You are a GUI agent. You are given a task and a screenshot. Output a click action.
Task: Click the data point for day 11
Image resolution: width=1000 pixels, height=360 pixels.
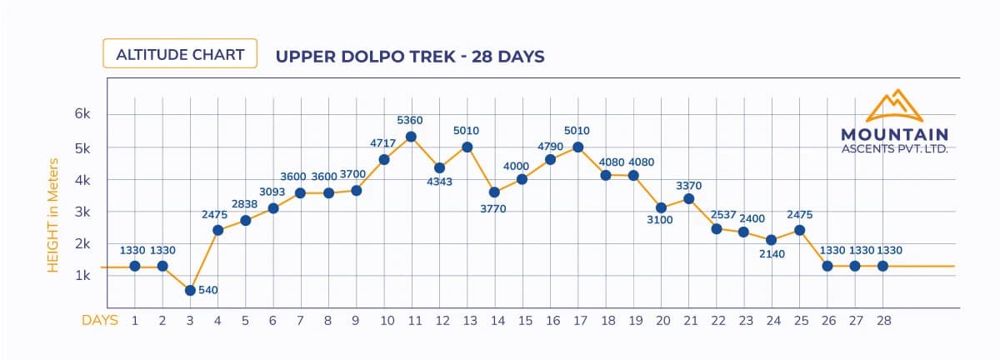pos(411,137)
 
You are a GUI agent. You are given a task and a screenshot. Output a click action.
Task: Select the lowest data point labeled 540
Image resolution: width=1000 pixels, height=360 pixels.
pos(190,290)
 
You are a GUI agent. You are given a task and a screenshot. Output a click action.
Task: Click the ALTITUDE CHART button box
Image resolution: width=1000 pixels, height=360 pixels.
pos(179,54)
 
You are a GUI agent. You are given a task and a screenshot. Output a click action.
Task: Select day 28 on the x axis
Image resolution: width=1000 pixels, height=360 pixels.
pos(882,320)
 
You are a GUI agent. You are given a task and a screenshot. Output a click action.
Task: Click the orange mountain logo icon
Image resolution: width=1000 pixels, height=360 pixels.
pos(895,107)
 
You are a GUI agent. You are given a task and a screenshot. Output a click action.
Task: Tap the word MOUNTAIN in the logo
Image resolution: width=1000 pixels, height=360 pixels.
pos(894,134)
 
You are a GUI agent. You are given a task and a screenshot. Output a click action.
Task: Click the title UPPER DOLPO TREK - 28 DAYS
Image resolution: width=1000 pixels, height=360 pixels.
pos(410,57)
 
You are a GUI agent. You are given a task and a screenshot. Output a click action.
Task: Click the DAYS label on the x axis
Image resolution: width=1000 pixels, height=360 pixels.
pos(99,320)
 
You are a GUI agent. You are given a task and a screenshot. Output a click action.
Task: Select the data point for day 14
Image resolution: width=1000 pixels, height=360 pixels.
pos(494,192)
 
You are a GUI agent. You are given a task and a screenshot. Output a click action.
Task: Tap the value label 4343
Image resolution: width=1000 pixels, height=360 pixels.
pos(439,182)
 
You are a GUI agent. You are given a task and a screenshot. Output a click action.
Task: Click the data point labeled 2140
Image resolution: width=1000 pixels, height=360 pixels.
pos(772,240)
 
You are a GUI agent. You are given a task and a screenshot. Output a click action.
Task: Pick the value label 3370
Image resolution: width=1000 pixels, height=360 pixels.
pos(688,184)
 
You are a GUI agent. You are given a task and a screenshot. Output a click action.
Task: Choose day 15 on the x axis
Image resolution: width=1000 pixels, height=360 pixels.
pos(522,320)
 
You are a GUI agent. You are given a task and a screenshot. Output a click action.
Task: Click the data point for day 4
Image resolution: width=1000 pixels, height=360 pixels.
pos(217,230)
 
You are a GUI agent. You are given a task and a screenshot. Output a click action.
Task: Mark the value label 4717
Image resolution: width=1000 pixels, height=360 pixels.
pos(383,143)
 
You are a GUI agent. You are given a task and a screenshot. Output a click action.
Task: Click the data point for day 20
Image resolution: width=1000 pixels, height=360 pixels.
pos(661,207)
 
